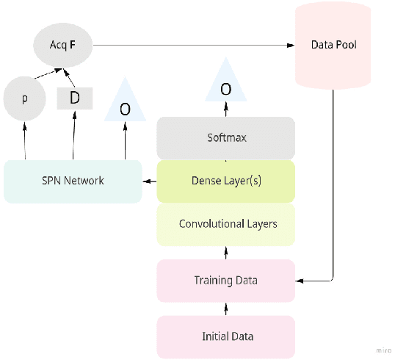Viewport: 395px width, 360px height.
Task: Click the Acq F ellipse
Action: (62, 46)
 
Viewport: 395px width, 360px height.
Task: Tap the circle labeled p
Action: (24, 98)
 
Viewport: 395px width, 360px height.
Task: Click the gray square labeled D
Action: (74, 98)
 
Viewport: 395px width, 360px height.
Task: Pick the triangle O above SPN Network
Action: (125, 106)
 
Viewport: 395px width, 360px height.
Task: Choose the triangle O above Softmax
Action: (225, 85)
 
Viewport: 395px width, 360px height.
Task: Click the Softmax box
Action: (225, 137)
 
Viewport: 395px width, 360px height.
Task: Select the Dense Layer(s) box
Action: (225, 181)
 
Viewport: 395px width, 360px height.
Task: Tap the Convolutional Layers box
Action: (225, 223)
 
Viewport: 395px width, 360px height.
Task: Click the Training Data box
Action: (225, 280)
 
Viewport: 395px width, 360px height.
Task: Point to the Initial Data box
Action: (225, 336)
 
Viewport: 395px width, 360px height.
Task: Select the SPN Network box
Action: (72, 181)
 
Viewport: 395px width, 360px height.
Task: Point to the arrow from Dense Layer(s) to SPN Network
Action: (149, 181)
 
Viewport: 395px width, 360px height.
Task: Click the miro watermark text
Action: (383, 350)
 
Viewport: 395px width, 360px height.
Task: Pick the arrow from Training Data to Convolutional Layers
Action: (225, 253)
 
